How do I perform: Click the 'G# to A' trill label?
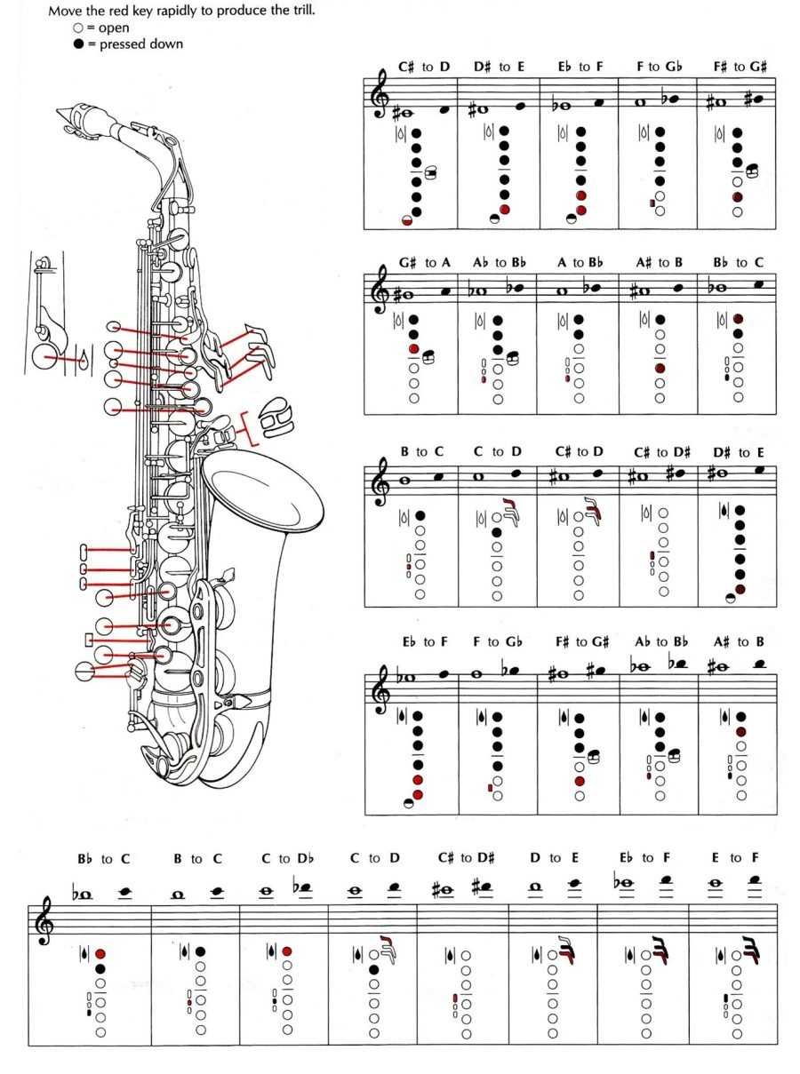424,263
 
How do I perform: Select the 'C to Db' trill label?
287,858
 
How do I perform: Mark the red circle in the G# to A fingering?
414,349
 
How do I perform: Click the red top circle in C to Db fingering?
287,951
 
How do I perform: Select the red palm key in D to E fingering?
565,951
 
